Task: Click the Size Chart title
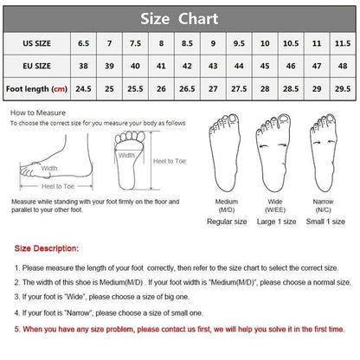click(179, 19)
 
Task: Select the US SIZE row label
click(37, 43)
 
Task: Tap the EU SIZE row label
click(37, 66)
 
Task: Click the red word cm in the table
click(59, 89)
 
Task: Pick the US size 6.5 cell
click(83, 43)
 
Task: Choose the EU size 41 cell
click(161, 66)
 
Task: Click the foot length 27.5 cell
click(239, 89)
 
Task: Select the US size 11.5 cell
click(343, 43)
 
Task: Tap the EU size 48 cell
click(343, 66)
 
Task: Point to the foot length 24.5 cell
click(83, 89)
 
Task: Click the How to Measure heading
click(38, 112)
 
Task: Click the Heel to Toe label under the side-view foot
click(58, 186)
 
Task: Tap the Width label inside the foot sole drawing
click(126, 155)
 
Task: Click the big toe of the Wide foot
click(284, 119)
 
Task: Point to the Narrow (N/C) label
click(323, 205)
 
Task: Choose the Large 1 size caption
click(276, 222)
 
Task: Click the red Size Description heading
click(47, 248)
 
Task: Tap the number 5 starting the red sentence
click(16, 329)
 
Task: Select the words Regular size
click(227, 222)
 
